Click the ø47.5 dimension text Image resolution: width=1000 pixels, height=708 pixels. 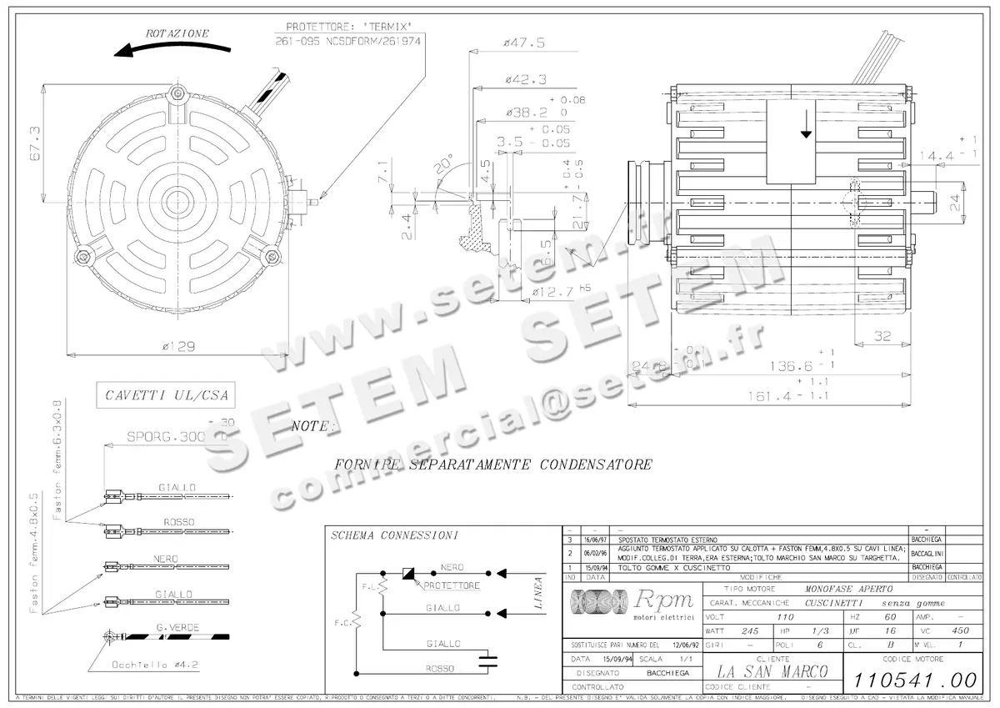point(524,43)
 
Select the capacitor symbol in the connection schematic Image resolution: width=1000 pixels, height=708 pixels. point(487,660)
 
